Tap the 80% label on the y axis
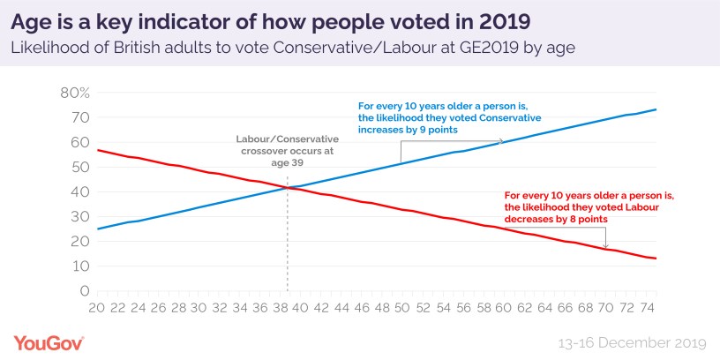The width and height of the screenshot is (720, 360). pos(74,93)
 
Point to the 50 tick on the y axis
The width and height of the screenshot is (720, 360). pos(79,167)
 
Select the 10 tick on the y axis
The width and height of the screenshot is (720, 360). pos(79,266)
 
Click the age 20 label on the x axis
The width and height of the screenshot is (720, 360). pos(96,308)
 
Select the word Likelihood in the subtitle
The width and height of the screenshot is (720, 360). pos(55,49)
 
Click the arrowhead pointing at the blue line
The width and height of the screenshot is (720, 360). pos(502,141)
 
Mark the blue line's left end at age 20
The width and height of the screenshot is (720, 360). pos(97,229)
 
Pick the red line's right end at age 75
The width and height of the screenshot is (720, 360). pos(656,259)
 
